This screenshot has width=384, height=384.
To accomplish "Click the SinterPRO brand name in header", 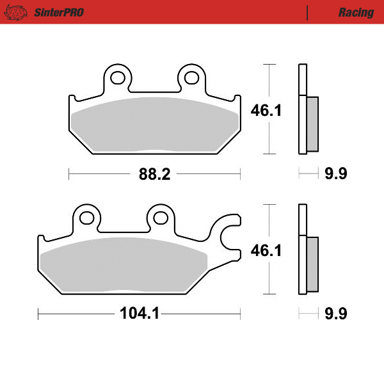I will pos(58,12).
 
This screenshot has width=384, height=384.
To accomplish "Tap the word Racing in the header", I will pos(356,12).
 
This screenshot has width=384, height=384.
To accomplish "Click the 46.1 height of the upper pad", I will pos(266,110).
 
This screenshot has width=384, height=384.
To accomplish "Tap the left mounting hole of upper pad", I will pos(117,77).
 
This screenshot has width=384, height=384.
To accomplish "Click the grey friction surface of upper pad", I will pos(154,125).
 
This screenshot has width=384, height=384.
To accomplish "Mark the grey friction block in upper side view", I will pos(312,124).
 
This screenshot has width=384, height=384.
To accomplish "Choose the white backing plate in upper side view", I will pos(302,109).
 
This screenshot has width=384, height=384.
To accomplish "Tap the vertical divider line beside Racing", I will pos(308,12).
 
